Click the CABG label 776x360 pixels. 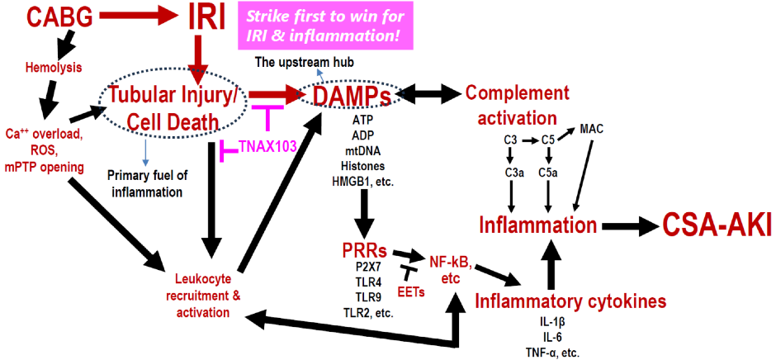[x=57, y=17]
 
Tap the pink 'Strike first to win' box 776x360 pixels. [x=325, y=26]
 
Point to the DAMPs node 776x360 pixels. [x=353, y=95]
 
